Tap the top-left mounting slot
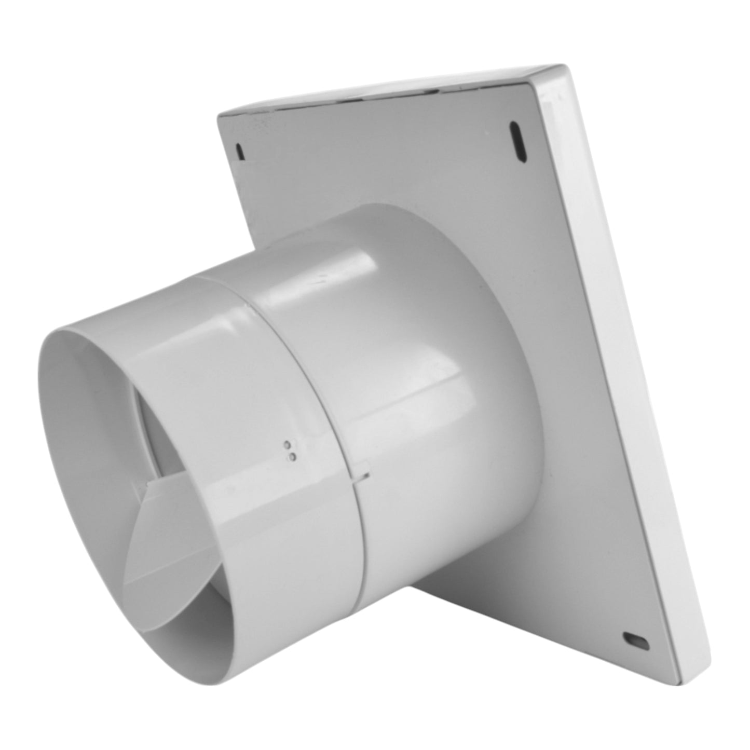[239, 151]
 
